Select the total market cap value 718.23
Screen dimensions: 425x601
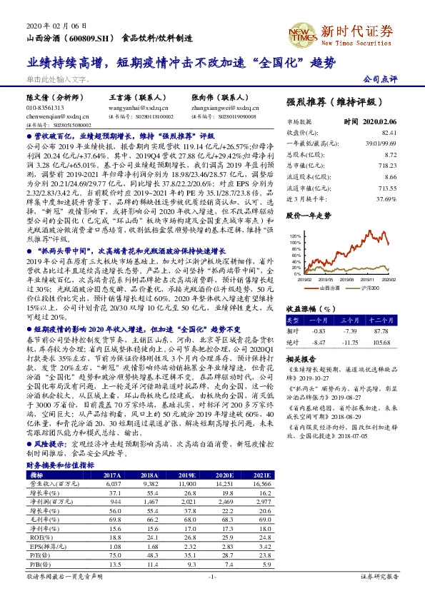click(386, 165)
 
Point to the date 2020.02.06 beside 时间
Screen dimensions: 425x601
click(379, 121)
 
